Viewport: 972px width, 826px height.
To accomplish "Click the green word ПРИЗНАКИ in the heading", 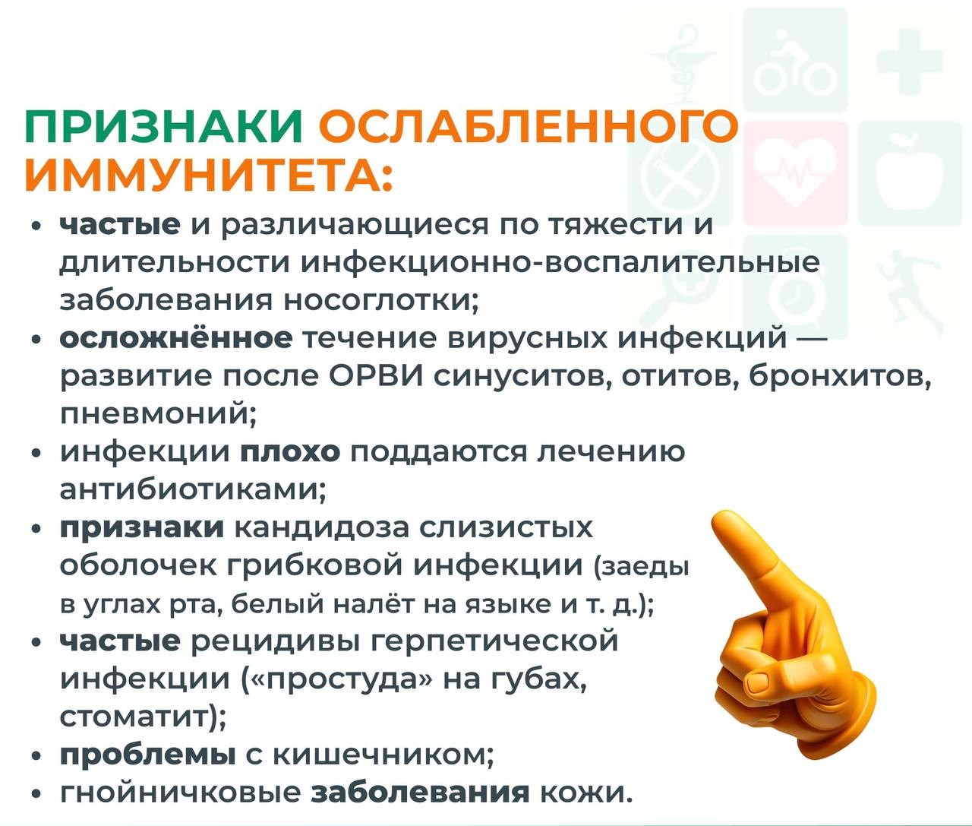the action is pyautogui.click(x=164, y=127).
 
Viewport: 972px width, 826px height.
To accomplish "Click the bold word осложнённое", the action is pyautogui.click(x=176, y=338).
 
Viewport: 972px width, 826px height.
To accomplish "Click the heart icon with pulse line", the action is pyautogui.click(x=795, y=172).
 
